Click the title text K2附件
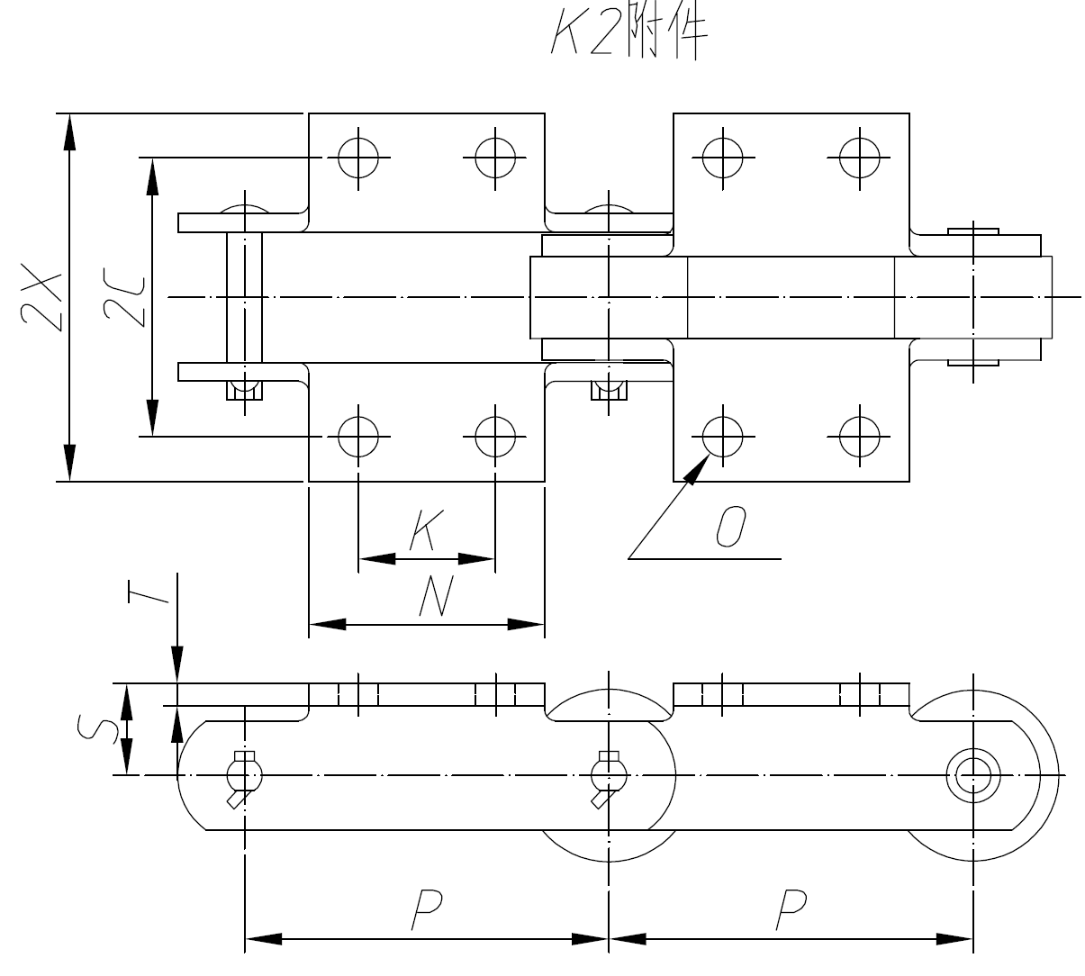(x=628, y=35)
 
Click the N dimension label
(x=436, y=597)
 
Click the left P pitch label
(x=425, y=909)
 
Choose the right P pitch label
(x=791, y=909)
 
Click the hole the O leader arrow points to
(x=722, y=438)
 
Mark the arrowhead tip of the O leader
(x=708, y=456)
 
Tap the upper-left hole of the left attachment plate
(x=358, y=158)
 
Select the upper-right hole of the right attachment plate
(x=859, y=158)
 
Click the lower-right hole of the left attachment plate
(x=495, y=438)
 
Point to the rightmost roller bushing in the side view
(x=972, y=774)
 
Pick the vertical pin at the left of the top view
(x=244, y=297)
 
